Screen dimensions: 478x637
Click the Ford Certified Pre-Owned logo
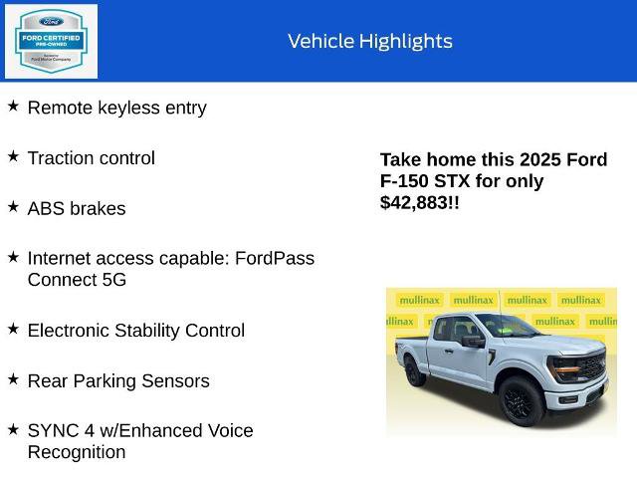pyautogui.click(x=51, y=41)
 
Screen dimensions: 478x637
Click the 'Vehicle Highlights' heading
pyautogui.click(x=370, y=41)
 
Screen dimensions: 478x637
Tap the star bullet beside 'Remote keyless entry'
pyautogui.click(x=13, y=106)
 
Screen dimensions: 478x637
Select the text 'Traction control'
pyautogui.click(x=92, y=157)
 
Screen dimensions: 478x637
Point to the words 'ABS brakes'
pyautogui.click(x=77, y=208)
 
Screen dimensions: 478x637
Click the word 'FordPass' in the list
pyautogui.click(x=275, y=258)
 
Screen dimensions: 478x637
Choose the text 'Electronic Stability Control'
pyautogui.click(x=136, y=330)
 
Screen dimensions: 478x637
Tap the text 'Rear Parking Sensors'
pyautogui.click(x=118, y=380)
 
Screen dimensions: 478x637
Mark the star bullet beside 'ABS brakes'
pyautogui.click(x=13, y=206)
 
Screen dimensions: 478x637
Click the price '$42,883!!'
pyautogui.click(x=420, y=202)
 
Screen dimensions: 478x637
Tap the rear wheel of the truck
pyautogui.click(x=415, y=372)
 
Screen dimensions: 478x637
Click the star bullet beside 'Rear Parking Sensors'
pyautogui.click(x=13, y=378)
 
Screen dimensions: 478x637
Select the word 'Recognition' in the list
pyautogui.click(x=77, y=452)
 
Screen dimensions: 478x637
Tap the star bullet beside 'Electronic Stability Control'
pyautogui.click(x=13, y=328)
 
